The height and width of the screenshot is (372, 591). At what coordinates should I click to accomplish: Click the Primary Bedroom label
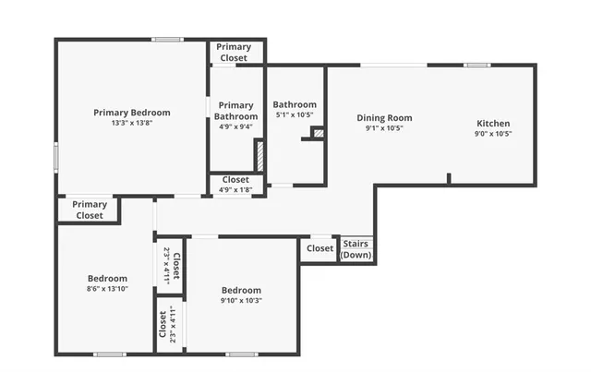(130, 113)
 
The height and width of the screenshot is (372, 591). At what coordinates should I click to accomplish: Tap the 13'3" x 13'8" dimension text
(130, 124)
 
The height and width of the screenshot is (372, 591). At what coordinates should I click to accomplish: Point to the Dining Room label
(384, 118)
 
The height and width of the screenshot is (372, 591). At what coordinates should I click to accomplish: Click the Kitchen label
(492, 124)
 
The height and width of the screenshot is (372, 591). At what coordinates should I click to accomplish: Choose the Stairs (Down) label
(356, 249)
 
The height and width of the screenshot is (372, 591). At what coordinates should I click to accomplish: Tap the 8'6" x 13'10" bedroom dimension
(108, 289)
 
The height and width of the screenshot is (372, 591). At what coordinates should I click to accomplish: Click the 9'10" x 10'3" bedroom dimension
(240, 300)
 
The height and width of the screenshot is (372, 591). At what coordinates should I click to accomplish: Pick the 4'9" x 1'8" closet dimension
(235, 190)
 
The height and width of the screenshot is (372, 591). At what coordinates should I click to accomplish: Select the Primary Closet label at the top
(234, 53)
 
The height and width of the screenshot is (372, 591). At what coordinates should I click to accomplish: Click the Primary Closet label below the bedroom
(90, 210)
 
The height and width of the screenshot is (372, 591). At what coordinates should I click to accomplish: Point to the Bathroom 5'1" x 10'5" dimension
(295, 115)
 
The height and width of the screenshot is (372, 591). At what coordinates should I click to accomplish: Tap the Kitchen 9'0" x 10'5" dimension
(492, 134)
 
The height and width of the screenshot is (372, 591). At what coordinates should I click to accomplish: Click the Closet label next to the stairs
(320, 248)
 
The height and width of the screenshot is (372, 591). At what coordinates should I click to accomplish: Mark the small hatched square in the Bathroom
(319, 133)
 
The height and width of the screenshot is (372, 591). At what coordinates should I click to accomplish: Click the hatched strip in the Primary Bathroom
(259, 155)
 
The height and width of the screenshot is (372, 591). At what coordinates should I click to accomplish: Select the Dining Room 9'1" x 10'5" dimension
(384, 128)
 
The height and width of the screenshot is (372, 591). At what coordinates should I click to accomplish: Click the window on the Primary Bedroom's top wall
(166, 39)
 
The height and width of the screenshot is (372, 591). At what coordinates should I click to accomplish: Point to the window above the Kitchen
(476, 65)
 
